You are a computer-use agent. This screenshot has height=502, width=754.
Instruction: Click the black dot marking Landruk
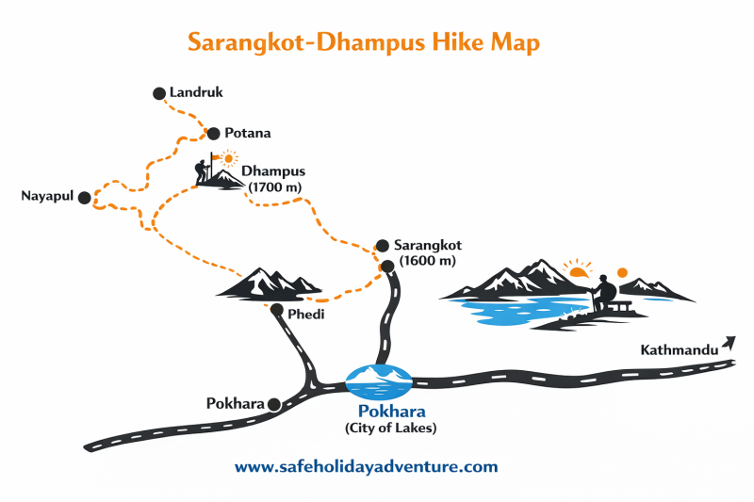(158, 93)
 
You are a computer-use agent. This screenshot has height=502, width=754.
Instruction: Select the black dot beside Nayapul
(85, 198)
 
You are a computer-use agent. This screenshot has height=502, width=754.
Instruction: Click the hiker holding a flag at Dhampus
(202, 170)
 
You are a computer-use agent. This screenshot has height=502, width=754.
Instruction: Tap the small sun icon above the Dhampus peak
(227, 158)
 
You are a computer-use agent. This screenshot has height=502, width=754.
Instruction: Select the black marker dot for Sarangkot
(382, 244)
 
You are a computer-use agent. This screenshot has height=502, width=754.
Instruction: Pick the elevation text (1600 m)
(427, 260)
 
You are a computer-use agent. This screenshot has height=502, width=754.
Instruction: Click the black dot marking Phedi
(277, 309)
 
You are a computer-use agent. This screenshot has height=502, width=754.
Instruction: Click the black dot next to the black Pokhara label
(274, 404)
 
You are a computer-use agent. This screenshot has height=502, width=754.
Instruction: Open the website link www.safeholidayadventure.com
(366, 466)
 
